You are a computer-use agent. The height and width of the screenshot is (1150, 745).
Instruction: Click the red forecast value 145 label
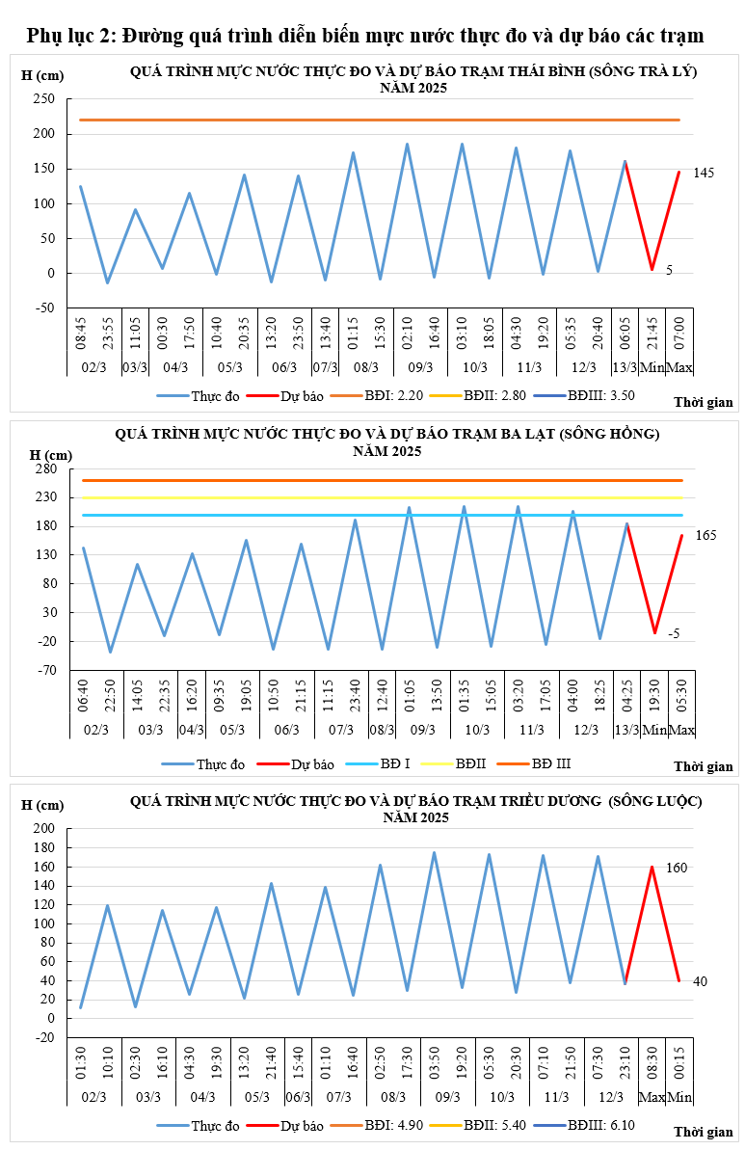click(x=704, y=173)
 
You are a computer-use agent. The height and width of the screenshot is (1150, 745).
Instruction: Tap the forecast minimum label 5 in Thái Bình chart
click(x=669, y=271)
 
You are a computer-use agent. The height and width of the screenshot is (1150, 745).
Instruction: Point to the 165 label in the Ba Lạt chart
click(x=705, y=535)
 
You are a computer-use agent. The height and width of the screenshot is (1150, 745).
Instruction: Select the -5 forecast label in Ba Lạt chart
click(x=674, y=633)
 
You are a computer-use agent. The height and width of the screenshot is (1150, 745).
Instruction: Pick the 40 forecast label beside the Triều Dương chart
click(x=700, y=981)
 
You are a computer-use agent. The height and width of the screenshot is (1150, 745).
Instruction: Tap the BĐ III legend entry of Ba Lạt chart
click(x=551, y=763)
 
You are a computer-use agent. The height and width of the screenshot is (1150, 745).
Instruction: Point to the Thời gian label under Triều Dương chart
click(x=703, y=1131)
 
